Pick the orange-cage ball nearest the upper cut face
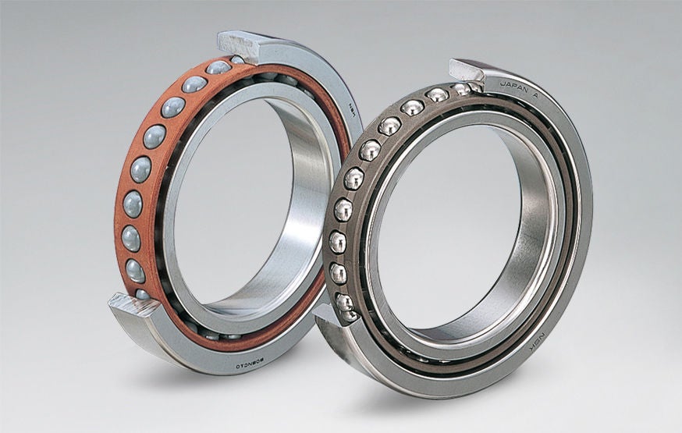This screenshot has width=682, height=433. pos(218,68)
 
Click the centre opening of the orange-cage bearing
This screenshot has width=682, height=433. pos(234,195)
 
